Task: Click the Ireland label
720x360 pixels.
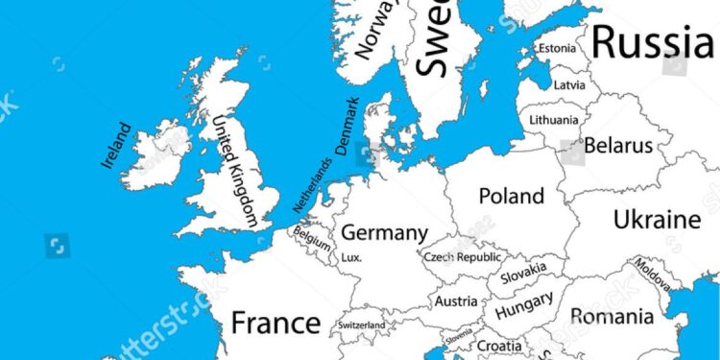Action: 114,145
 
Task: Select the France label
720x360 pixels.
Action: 275,322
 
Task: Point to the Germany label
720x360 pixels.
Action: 384,233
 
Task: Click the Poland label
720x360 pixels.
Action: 511,196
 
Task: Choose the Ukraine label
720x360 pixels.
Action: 657,218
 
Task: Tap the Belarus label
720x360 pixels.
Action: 618,146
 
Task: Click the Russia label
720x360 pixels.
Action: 652,41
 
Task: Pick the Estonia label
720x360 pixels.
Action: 557,48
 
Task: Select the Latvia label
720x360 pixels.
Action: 568,84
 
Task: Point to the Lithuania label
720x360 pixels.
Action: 554,120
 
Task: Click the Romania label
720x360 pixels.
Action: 612,315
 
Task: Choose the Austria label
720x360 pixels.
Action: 456,301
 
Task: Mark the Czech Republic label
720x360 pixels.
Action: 463,257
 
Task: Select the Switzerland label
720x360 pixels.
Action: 361,325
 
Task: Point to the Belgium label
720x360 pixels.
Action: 312,236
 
